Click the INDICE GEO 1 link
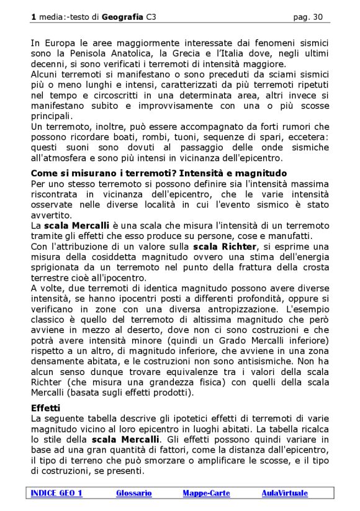tap(56, 493)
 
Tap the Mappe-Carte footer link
tap(206, 493)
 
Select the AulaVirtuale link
tap(284, 493)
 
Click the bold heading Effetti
tap(45, 409)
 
